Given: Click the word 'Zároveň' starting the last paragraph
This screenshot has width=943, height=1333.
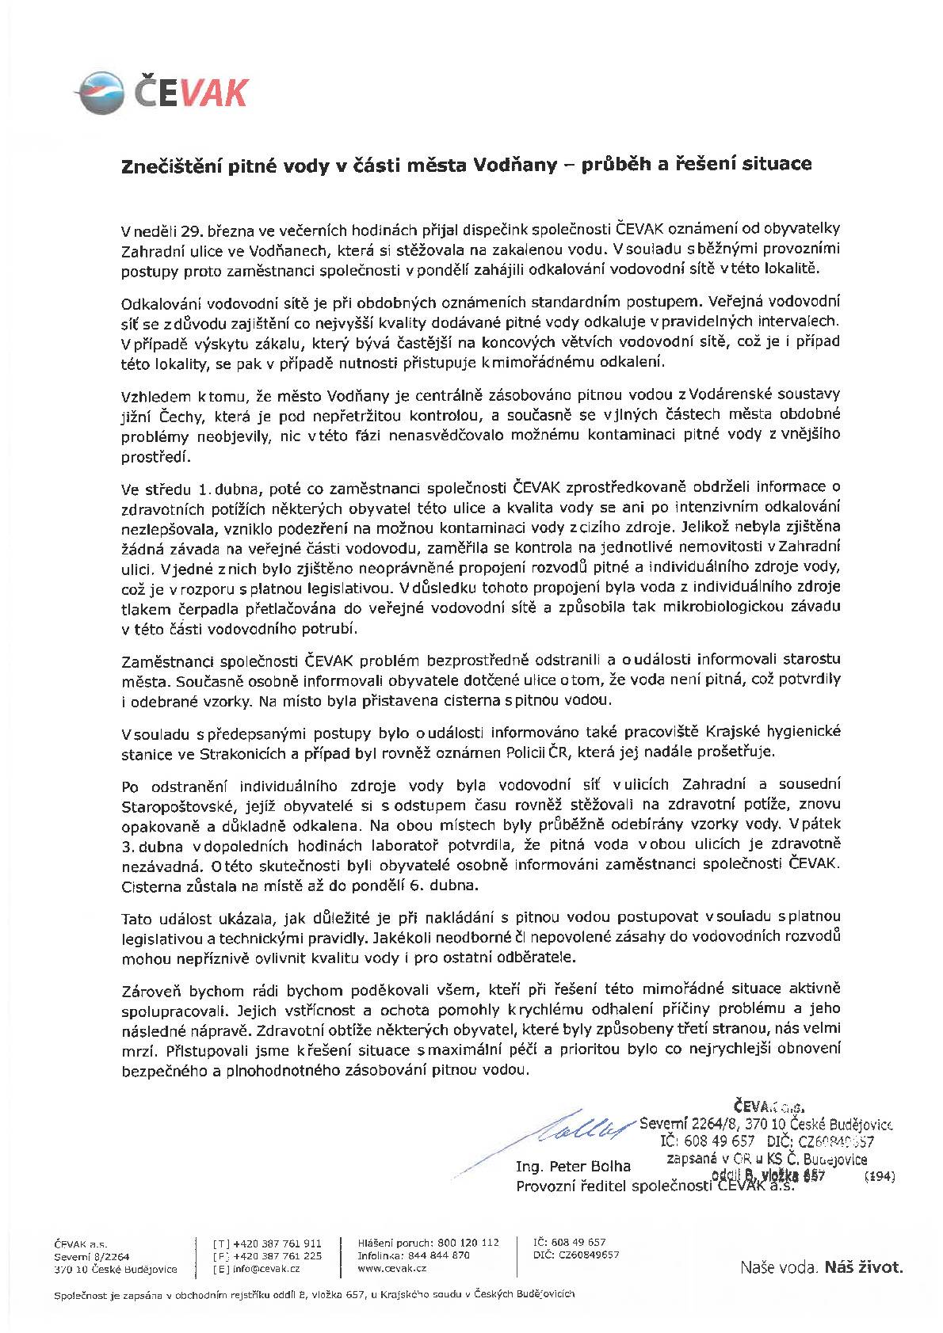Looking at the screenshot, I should [148, 989].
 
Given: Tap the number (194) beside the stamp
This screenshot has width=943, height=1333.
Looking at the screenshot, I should [879, 1178].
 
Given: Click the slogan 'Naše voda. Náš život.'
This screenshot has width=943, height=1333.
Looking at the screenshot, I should [821, 1267].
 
